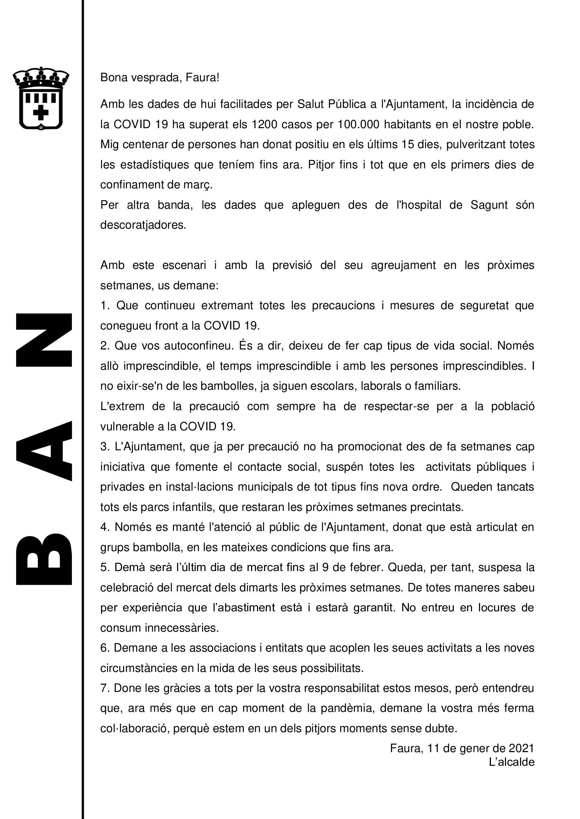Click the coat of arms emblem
41,98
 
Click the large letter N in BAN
44,340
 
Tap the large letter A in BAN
44,451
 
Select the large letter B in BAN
44,559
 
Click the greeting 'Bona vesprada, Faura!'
160,77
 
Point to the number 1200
264,125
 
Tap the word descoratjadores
143,225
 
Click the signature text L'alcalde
511,762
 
